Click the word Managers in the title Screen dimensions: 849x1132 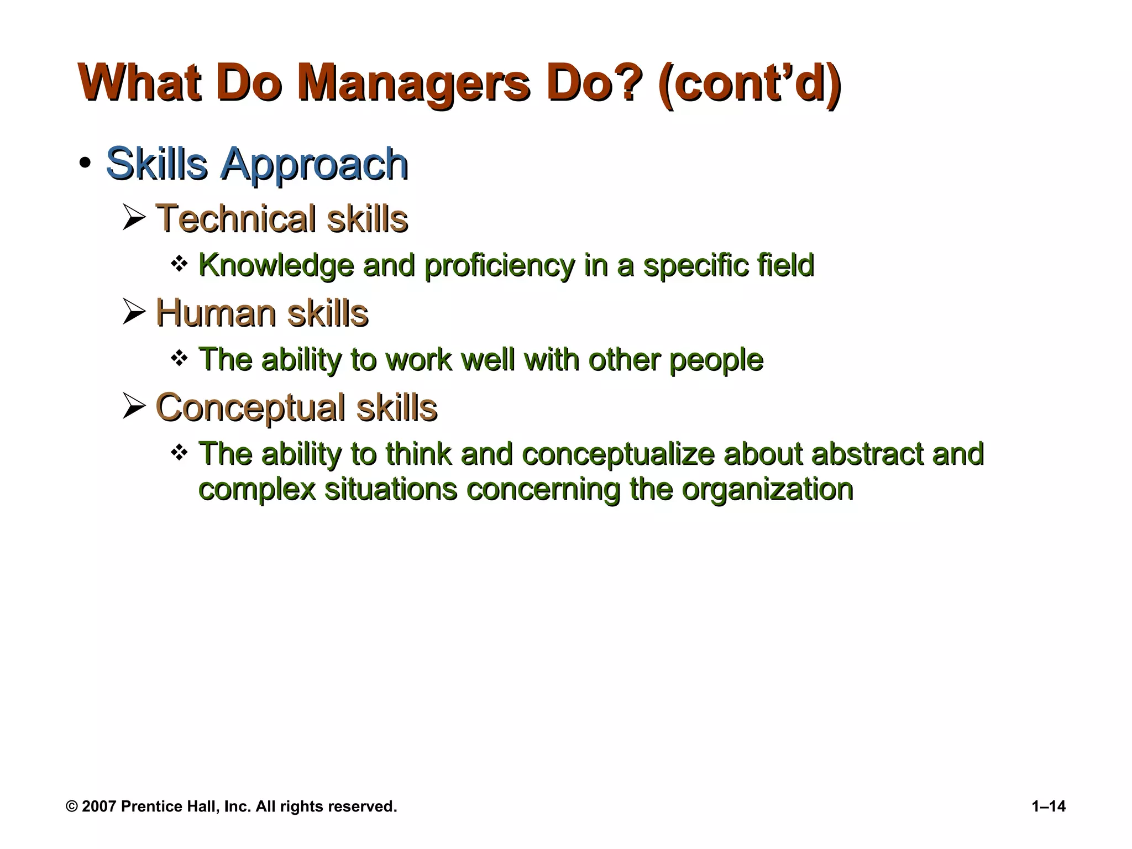413,84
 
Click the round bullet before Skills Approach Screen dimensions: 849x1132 85,164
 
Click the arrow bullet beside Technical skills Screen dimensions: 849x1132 134,218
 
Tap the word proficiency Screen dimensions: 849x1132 500,266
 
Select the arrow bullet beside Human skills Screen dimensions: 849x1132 134,312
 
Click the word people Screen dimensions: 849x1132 716,360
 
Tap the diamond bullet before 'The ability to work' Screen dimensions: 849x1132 179,359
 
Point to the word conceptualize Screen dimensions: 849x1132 618,454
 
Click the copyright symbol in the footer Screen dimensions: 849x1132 72,807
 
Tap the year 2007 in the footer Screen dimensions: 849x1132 98,807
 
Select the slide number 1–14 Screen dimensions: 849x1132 1049,807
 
